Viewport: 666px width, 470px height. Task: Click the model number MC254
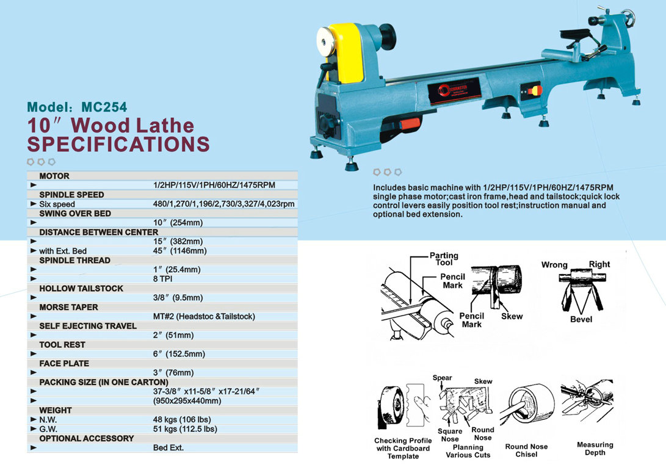104,107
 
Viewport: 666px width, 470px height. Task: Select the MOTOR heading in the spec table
54,176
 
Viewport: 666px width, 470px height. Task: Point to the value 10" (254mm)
178,223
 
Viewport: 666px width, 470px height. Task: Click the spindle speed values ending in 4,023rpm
224,204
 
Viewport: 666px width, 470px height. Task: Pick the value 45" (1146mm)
179,251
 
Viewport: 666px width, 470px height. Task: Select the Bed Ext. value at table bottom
168,447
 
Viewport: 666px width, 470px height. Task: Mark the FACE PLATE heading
64,363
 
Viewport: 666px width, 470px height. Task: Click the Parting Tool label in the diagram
444,259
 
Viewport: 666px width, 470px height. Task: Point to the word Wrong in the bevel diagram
554,265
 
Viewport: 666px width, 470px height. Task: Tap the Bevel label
581,319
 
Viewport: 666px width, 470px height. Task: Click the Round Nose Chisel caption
526,450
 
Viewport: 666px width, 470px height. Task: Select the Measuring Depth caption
595,449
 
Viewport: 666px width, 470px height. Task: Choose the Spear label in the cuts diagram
443,378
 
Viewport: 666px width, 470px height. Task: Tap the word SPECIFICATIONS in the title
118,144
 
